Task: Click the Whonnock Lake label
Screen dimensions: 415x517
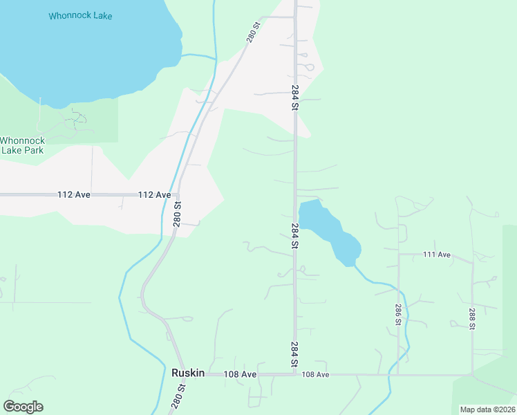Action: pyautogui.click(x=80, y=15)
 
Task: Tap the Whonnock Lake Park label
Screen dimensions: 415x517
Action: pyautogui.click(x=21, y=145)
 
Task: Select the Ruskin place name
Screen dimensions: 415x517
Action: pyautogui.click(x=188, y=373)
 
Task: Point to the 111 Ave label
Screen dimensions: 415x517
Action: pyautogui.click(x=436, y=255)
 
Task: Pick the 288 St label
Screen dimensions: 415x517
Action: pyautogui.click(x=473, y=319)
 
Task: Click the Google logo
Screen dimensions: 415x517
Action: pyautogui.click(x=23, y=407)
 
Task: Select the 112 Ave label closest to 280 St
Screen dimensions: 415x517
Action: pyautogui.click(x=154, y=195)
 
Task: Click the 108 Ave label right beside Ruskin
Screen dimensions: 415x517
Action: pyautogui.click(x=240, y=374)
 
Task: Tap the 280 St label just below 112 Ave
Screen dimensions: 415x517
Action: pyautogui.click(x=178, y=214)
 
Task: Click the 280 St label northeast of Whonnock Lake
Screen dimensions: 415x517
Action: pyautogui.click(x=254, y=33)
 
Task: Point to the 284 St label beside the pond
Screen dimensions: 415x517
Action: pyautogui.click(x=295, y=236)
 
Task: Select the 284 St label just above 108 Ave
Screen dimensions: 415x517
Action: pyautogui.click(x=295, y=354)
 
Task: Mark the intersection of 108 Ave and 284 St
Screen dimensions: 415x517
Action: pyautogui.click(x=295, y=374)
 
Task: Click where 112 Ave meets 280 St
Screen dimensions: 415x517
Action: pyautogui.click(x=178, y=195)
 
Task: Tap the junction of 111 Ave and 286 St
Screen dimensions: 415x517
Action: pyautogui.click(x=398, y=255)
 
